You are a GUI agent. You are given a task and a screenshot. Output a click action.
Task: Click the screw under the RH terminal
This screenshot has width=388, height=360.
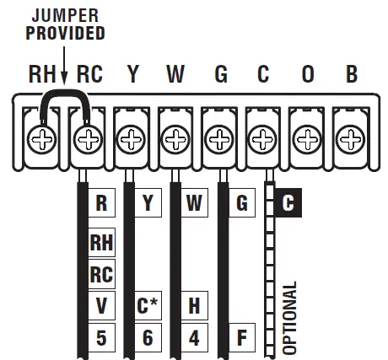pyautogui.click(x=40, y=137)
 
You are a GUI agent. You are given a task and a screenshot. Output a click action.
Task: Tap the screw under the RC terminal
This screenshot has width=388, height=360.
pyautogui.click(x=86, y=137)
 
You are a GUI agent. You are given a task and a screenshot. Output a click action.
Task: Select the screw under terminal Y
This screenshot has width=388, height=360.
pyautogui.click(x=131, y=137)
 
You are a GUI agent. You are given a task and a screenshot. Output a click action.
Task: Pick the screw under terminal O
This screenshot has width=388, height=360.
pyautogui.click(x=306, y=137)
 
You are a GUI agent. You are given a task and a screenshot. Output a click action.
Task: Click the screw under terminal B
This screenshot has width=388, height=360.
pyautogui.click(x=350, y=137)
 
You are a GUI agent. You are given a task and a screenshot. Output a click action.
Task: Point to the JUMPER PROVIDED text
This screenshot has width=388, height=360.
pyautogui.click(x=65, y=24)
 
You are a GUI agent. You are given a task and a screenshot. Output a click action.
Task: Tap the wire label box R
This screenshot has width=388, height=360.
pyautogui.click(x=102, y=203)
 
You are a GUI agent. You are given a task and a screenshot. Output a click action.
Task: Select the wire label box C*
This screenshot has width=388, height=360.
pyautogui.click(x=147, y=304)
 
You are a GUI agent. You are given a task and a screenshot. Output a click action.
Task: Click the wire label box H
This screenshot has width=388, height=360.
pyautogui.click(x=193, y=304)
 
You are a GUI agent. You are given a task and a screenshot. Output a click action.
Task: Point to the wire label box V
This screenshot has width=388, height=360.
pyautogui.click(x=102, y=304)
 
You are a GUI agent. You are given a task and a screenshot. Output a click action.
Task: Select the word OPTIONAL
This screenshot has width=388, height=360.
pyautogui.click(x=291, y=316)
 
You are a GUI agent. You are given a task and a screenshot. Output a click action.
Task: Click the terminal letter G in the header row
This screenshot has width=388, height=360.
pyautogui.click(x=221, y=74)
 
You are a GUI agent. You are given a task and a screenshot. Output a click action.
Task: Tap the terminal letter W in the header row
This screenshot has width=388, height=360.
pyautogui.click(x=175, y=74)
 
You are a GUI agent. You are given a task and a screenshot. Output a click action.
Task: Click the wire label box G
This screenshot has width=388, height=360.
pyautogui.click(x=241, y=203)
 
